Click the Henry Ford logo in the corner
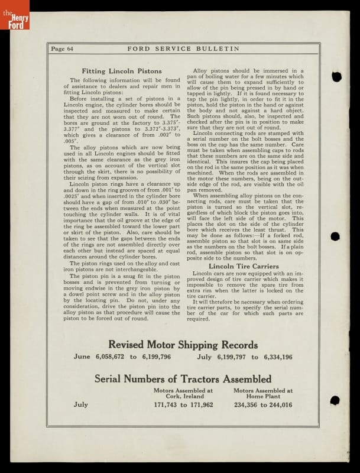[14, 14]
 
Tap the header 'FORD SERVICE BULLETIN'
[183, 49]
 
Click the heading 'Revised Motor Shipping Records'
[183, 345]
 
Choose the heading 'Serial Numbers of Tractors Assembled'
[183, 378]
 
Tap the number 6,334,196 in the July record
[278, 357]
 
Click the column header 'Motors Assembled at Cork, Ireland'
[183, 393]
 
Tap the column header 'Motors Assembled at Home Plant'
[263, 393]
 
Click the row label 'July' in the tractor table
[80, 405]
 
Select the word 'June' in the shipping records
[82, 357]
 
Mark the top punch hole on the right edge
[336, 76]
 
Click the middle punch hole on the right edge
[335, 237]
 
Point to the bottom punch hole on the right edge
[335, 400]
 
